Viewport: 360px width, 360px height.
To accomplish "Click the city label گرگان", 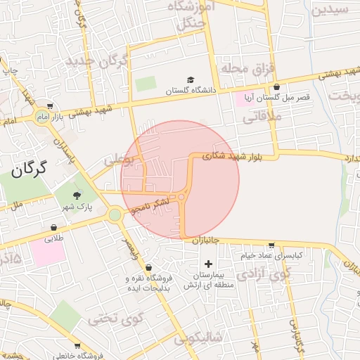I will point(29,169).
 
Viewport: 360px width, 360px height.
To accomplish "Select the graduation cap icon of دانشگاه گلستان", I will point(191,80).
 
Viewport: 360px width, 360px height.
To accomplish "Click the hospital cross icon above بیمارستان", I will point(208,264).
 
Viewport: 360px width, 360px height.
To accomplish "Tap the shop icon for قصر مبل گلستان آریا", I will point(276,87).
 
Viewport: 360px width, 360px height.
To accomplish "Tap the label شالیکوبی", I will point(198,338).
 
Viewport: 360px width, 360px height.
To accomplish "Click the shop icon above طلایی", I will point(54,227).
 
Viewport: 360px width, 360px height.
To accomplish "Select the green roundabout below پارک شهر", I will point(115,214).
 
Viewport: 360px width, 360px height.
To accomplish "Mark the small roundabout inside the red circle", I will point(181,198).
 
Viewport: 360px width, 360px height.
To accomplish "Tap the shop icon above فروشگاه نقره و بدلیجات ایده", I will point(148,267).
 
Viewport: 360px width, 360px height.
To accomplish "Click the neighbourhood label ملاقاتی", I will point(261,118).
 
